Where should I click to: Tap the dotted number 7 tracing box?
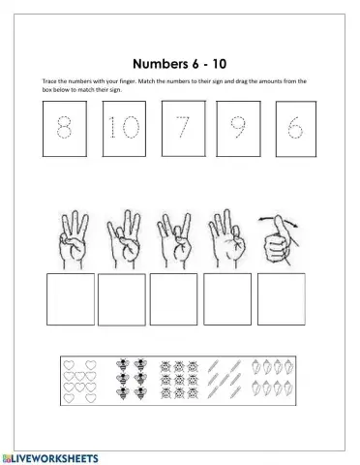tap(180, 129)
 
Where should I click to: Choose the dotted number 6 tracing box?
tap(294, 130)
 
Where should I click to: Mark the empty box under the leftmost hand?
tap(71, 299)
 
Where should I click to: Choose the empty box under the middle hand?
tap(177, 299)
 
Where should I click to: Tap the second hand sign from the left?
tap(124, 237)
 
